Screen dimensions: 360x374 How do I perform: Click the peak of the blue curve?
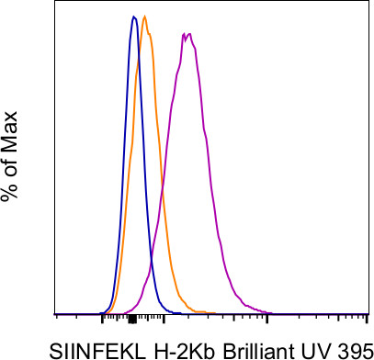tap(134, 17)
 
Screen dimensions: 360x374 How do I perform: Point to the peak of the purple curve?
tap(187, 34)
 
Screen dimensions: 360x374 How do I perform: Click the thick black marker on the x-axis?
tap(131, 319)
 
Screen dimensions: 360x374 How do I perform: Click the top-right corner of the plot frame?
tap(368, 3)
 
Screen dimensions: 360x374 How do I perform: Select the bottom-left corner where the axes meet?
tap(57, 313)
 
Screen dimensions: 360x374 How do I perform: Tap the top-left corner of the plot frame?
tap(57, 3)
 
